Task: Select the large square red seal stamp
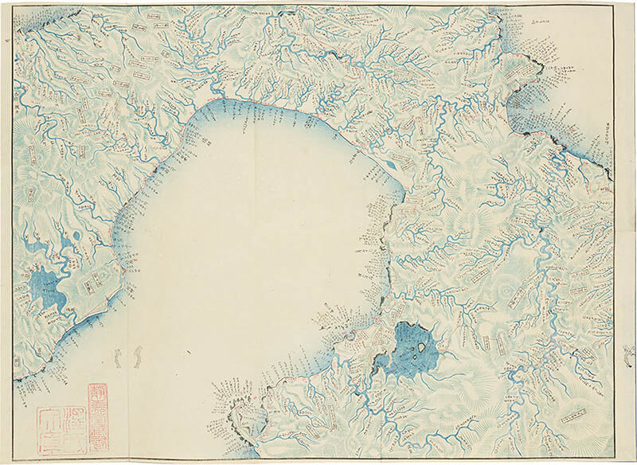point(60,430)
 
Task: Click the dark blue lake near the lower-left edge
point(44,287)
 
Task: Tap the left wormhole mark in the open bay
point(115,358)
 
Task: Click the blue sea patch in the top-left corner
point(32,22)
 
